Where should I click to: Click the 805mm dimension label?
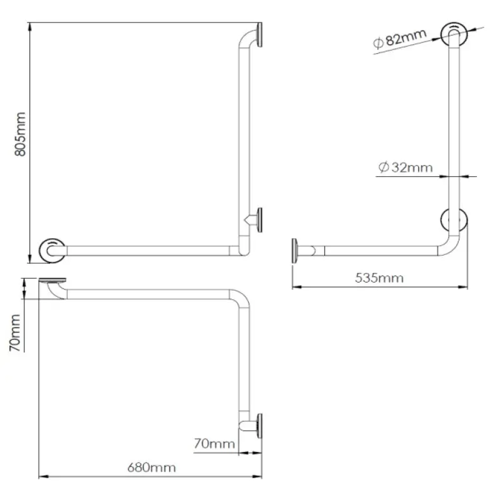pyautogui.click(x=20, y=134)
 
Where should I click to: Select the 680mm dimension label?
pyautogui.click(x=151, y=467)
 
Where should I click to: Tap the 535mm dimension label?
pyautogui.click(x=379, y=278)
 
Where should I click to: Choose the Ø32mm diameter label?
pyautogui.click(x=405, y=167)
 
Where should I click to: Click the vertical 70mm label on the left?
pyautogui.click(x=14, y=333)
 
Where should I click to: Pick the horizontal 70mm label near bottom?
pyautogui.click(x=214, y=444)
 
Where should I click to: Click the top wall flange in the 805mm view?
pyautogui.click(x=260, y=35)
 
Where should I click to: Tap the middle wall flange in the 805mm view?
pyautogui.click(x=260, y=220)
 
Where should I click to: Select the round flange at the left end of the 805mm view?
pyautogui.click(x=52, y=251)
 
